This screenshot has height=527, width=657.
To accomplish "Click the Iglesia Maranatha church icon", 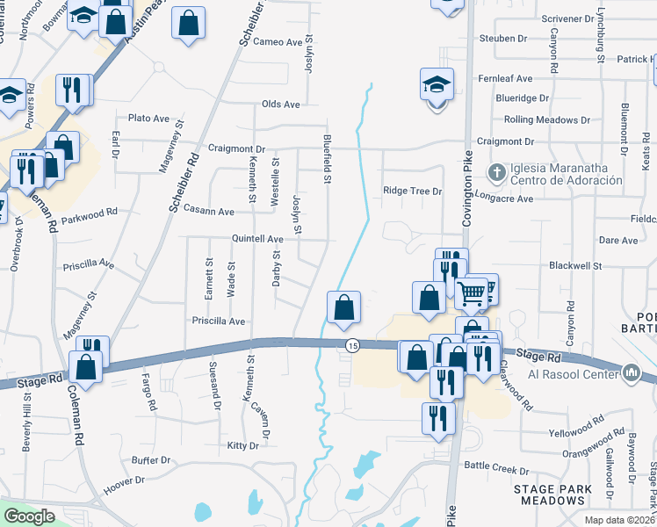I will tap(496, 171).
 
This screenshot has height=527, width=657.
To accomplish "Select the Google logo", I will tap(29, 516).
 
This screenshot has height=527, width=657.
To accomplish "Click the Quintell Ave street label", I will tap(257, 239).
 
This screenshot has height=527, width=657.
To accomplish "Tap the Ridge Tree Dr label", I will tap(411, 191).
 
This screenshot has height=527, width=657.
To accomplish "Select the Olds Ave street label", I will tap(281, 104).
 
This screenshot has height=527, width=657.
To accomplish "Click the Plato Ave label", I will tap(148, 119).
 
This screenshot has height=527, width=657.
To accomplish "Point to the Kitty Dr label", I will tap(242, 446).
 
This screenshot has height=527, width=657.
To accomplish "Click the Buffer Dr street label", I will tap(150, 460).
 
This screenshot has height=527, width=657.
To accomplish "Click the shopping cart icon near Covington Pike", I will tap(473, 292).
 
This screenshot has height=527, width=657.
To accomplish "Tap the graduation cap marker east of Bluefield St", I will tap(437, 85).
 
